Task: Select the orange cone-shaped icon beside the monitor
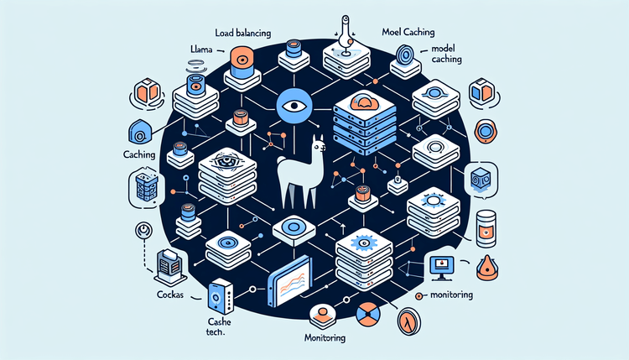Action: [488, 267]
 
